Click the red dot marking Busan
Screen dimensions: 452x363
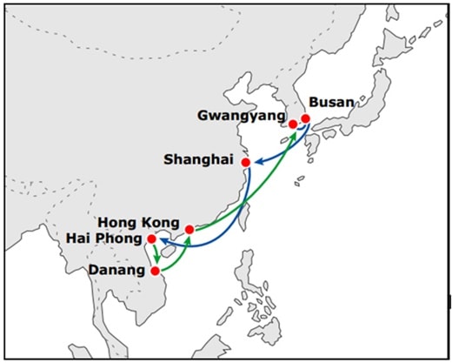[x=305, y=118]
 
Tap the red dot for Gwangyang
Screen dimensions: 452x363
[x=293, y=124]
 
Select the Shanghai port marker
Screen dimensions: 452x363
[x=246, y=163]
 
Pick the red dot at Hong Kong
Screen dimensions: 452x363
[x=189, y=230]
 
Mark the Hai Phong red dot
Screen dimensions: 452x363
[x=152, y=239]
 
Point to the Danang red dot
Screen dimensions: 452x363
[x=156, y=271]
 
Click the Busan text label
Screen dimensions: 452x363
[x=332, y=103]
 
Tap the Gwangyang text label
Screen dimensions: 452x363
[x=242, y=116]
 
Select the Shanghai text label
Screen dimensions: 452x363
[x=199, y=159]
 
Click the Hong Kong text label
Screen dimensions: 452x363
[x=139, y=223]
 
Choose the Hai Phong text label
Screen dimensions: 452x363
[x=104, y=239]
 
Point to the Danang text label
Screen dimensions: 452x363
[x=116, y=270]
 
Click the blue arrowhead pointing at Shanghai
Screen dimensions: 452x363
[x=259, y=162]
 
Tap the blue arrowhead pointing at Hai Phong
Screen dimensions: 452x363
[x=163, y=241]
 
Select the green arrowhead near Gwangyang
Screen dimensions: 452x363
[x=294, y=134]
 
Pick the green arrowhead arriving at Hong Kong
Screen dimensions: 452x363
[x=188, y=239]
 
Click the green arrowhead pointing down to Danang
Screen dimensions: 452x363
[x=156, y=259]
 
